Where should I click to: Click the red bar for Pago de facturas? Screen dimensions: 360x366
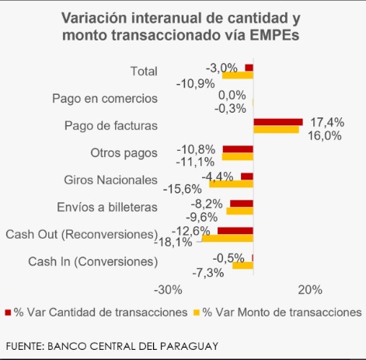coord(277,121)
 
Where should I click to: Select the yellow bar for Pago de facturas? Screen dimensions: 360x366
coord(276,129)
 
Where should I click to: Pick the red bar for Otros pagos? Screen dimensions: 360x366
coord(238,149)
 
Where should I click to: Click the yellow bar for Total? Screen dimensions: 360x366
coord(238,75)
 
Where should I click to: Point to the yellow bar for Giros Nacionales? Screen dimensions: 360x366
coord(231,183)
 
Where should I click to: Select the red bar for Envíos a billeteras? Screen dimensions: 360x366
coord(242,203)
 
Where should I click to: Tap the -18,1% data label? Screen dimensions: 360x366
coord(176,242)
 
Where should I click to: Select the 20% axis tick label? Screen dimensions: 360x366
coord(309,290)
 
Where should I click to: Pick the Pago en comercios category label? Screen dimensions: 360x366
coord(105,98)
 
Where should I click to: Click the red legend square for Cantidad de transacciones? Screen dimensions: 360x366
coord(9,312)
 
